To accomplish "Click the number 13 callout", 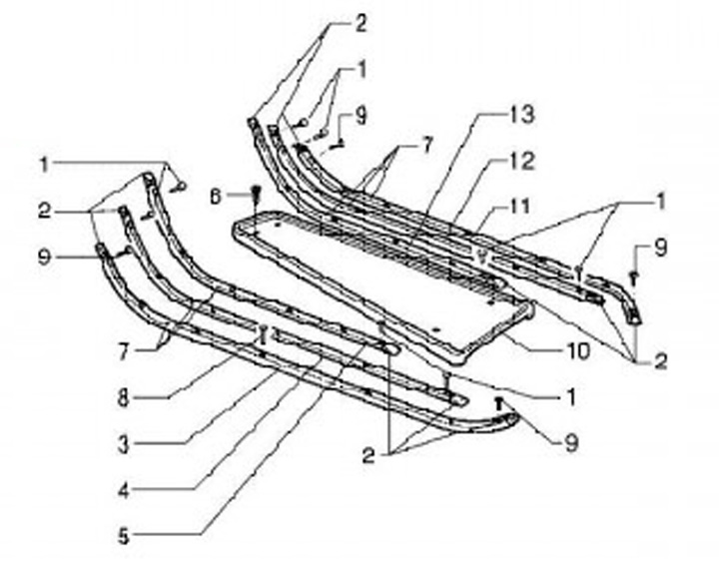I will click(521, 114).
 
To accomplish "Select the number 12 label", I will click(521, 160).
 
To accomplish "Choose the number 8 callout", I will click(122, 397).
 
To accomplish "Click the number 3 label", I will click(122, 444).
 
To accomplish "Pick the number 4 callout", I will click(122, 491).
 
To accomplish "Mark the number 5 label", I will click(122, 537).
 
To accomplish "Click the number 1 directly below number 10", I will click(571, 396).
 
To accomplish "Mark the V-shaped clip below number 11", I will click(483, 256).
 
